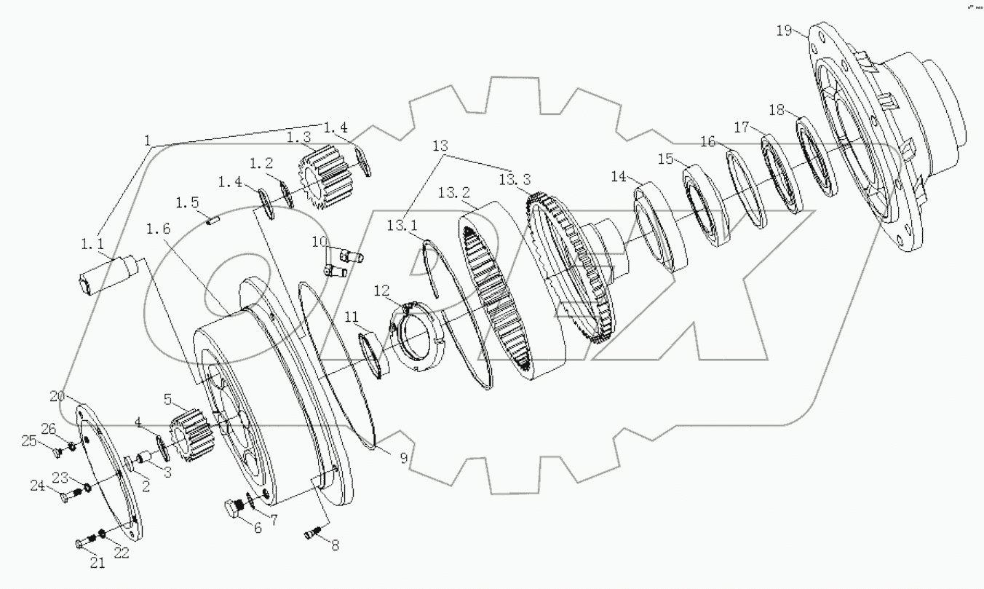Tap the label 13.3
pyautogui.click(x=514, y=180)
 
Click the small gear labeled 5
pyautogui.click(x=191, y=431)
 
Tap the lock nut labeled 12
pyautogui.click(x=418, y=333)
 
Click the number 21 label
pyautogui.click(x=98, y=561)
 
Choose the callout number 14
pyautogui.click(x=618, y=176)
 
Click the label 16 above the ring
pyautogui.click(x=708, y=141)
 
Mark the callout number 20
pyautogui.click(x=58, y=396)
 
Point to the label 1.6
pyautogui.click(x=158, y=228)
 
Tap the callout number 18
pyautogui.click(x=777, y=110)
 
